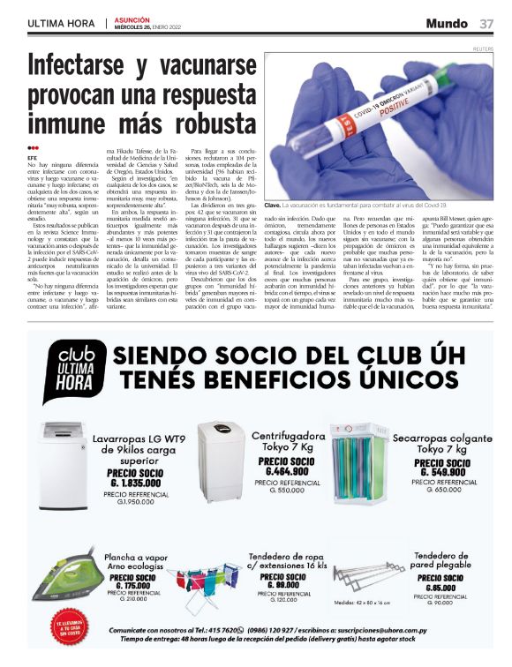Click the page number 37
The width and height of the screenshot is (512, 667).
click(x=487, y=23)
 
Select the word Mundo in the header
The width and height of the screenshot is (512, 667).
click(x=447, y=23)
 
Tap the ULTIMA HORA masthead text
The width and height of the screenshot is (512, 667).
click(x=62, y=24)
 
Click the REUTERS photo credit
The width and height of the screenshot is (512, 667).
click(x=483, y=49)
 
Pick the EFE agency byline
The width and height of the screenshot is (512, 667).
click(x=33, y=157)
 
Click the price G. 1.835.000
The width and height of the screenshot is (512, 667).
click(x=140, y=483)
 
